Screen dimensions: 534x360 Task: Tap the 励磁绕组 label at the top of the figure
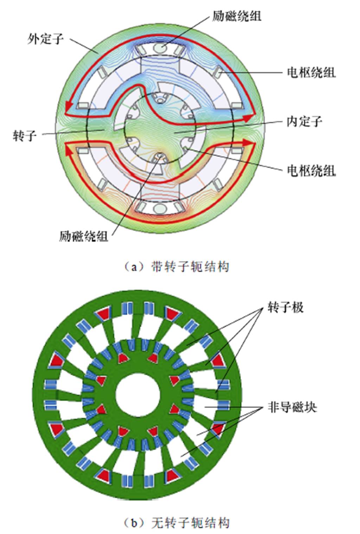(237, 16)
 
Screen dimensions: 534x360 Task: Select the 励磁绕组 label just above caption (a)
(84, 236)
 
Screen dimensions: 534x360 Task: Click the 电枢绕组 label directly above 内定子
(311, 72)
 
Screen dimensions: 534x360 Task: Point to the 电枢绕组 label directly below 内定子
(311, 171)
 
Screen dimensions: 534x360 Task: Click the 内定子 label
(304, 121)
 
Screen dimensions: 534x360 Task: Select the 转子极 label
(285, 307)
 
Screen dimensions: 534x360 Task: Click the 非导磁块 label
(292, 407)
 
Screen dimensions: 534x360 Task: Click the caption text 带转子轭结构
(190, 266)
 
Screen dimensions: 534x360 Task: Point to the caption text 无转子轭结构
(190, 523)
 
